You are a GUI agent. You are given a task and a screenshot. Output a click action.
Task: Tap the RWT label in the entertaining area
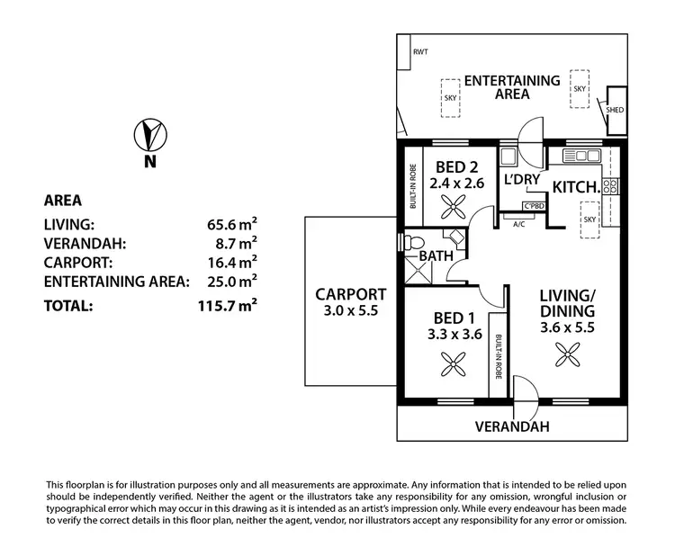(420, 52)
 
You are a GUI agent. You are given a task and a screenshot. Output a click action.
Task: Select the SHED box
(616, 106)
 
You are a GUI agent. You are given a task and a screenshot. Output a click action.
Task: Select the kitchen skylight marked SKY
(590, 220)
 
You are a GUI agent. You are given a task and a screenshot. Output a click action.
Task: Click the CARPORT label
(350, 294)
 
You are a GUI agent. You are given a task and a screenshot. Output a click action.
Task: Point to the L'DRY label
(521, 180)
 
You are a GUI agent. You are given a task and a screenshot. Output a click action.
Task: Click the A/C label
(518, 224)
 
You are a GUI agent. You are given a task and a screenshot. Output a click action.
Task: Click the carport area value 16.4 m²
(231, 262)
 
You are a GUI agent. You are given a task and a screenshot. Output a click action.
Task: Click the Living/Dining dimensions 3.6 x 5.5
(566, 327)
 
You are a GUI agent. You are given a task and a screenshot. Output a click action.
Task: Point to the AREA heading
(63, 200)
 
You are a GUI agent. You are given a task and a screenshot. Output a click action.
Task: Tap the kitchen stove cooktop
(610, 187)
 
